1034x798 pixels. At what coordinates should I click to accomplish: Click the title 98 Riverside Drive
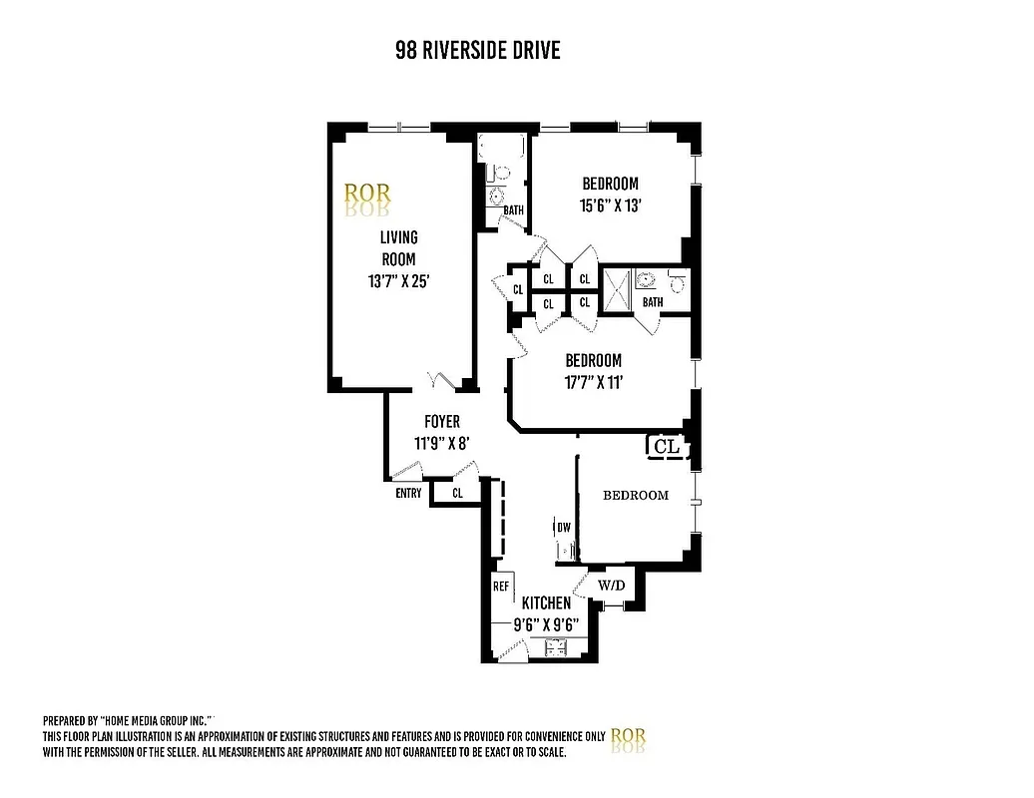(477, 51)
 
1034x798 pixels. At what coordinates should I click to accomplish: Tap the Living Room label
(398, 248)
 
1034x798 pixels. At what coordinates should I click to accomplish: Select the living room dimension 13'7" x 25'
(398, 281)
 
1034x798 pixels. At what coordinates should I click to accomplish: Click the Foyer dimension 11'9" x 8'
(440, 443)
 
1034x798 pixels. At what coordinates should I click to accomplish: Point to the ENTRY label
(408, 493)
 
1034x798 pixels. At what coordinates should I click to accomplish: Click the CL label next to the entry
(458, 493)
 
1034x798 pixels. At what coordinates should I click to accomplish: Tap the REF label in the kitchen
(501, 587)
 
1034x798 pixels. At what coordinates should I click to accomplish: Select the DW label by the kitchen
(563, 527)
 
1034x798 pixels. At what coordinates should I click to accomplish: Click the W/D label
(611, 585)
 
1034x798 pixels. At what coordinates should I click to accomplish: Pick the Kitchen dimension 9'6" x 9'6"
(546, 625)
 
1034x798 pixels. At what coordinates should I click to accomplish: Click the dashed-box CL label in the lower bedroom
(666, 447)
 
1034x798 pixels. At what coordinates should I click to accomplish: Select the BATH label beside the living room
(513, 210)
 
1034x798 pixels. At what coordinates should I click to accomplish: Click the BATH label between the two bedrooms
(652, 302)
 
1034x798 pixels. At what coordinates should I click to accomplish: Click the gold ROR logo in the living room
(367, 194)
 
